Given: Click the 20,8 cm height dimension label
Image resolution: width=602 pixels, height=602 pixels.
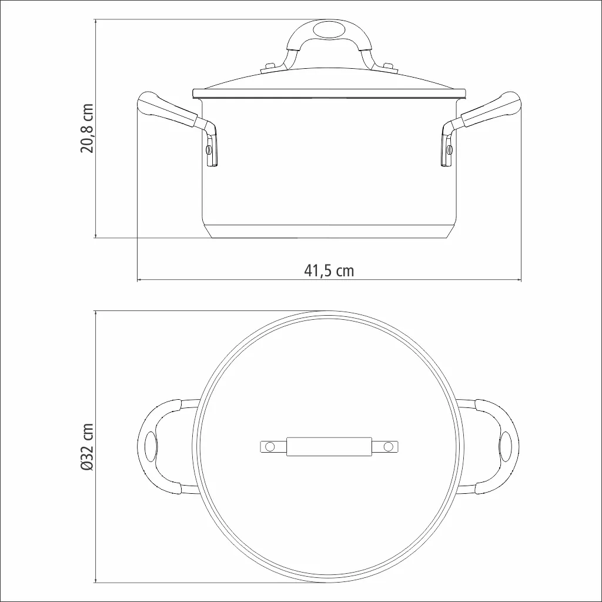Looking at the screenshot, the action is pyautogui.click(x=87, y=128).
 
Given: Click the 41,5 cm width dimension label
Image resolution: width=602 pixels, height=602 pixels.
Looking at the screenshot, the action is pyautogui.click(x=329, y=270).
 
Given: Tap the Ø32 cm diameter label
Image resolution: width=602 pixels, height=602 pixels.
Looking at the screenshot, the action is pyautogui.click(x=87, y=447).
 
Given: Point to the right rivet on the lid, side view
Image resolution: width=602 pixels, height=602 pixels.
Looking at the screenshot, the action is pyautogui.click(x=389, y=67).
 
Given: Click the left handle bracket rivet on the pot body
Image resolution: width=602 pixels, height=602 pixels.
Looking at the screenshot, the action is pyautogui.click(x=209, y=149).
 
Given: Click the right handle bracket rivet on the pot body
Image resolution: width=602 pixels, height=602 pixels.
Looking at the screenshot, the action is pyautogui.click(x=449, y=149).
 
